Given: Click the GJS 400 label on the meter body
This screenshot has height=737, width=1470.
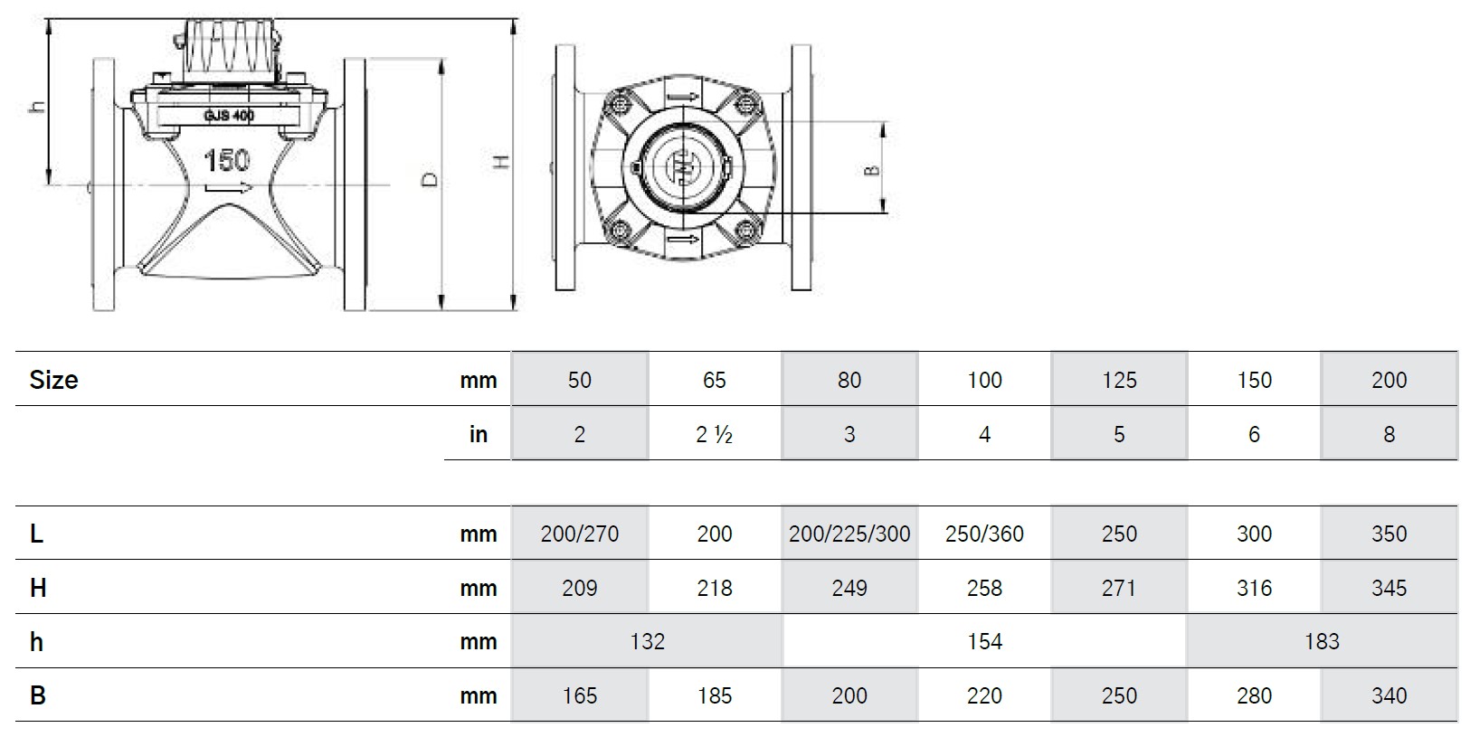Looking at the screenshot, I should pyautogui.click(x=229, y=116).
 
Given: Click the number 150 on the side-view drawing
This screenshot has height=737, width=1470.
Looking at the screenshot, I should pyautogui.click(x=226, y=161).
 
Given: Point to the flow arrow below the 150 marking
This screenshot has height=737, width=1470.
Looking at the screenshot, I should pyautogui.click(x=226, y=188).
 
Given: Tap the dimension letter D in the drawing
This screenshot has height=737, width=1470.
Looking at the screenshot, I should pyautogui.click(x=431, y=179).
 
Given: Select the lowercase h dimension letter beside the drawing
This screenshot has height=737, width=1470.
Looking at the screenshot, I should pyautogui.click(x=36, y=106).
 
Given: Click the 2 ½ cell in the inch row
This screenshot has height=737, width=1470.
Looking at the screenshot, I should pyautogui.click(x=714, y=434).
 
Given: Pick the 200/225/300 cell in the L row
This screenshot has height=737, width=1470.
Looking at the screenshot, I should pyautogui.click(x=849, y=534).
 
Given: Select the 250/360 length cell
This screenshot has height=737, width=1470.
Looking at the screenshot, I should pyautogui.click(x=983, y=534).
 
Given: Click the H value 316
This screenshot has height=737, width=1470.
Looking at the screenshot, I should pyautogui.click(x=1253, y=588).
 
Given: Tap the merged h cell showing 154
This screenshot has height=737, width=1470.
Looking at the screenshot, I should pyautogui.click(x=983, y=641).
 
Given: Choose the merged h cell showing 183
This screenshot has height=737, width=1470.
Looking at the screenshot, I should pyautogui.click(x=1321, y=641).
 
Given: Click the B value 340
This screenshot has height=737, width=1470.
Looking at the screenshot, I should pyautogui.click(x=1388, y=695).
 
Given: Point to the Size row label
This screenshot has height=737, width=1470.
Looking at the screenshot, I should pyautogui.click(x=53, y=380).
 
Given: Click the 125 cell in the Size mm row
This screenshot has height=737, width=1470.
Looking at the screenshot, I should pyautogui.click(x=1118, y=380).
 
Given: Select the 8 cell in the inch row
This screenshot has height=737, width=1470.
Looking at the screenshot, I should pyautogui.click(x=1388, y=434).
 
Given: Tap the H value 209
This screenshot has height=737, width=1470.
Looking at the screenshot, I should pyautogui.click(x=579, y=588).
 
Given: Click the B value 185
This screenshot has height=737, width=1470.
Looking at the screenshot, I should pyautogui.click(x=714, y=695).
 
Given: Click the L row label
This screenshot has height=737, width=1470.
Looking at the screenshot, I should pyautogui.click(x=36, y=534).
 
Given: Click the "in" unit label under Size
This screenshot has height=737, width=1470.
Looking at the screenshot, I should pyautogui.click(x=478, y=434).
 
